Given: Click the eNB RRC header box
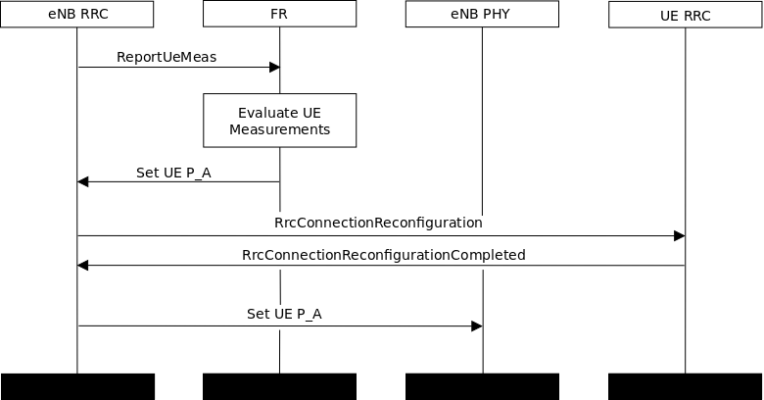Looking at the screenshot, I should (77, 15).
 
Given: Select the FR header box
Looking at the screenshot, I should (279, 15).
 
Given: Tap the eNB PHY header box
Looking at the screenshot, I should (482, 15).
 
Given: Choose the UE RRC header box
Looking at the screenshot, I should (685, 15).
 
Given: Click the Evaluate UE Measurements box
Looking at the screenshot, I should (279, 121).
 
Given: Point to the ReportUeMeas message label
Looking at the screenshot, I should (167, 57).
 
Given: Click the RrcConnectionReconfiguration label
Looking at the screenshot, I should (378, 223).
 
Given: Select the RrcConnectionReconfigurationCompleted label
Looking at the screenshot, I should (383, 255).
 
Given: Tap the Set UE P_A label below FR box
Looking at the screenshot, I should (173, 173).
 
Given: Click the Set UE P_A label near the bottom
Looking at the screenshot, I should (284, 314).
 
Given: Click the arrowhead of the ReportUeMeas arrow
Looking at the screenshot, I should (274, 68).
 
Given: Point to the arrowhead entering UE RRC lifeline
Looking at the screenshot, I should (679, 236).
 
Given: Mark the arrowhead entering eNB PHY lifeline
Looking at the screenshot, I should (476, 326).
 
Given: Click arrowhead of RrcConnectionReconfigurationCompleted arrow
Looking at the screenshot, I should (83, 266).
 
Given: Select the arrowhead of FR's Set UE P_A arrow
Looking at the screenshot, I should (83, 181).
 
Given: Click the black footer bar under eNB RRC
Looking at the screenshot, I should (77, 386).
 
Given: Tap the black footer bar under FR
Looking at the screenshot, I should (279, 386).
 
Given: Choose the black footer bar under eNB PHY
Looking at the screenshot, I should (482, 386).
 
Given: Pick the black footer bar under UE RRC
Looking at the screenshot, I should (685, 386).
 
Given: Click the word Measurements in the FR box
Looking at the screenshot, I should (279, 129).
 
